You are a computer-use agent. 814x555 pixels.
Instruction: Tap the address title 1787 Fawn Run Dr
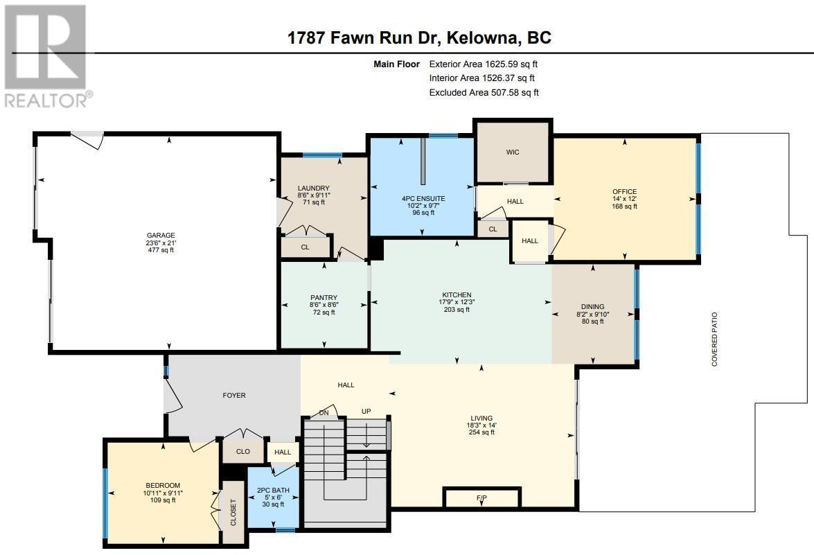click(x=364, y=38)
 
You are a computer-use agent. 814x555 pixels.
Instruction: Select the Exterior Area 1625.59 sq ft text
click(x=484, y=64)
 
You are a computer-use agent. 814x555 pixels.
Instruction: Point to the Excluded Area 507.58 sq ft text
click(x=484, y=92)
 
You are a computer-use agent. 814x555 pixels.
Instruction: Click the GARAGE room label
click(x=161, y=235)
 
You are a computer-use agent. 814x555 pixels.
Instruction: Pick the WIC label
click(x=513, y=152)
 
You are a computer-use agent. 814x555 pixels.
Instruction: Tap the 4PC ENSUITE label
click(x=423, y=198)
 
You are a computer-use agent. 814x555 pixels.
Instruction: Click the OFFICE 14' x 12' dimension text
click(x=624, y=199)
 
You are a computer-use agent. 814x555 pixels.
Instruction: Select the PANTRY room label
click(x=324, y=297)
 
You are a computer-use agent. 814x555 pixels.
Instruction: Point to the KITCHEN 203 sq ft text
click(x=457, y=310)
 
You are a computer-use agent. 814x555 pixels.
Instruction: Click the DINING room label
click(x=592, y=306)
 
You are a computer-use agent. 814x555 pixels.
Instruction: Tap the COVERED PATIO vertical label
click(x=714, y=339)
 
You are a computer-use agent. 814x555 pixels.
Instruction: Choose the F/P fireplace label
click(x=481, y=498)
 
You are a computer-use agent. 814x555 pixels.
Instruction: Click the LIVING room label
click(x=481, y=418)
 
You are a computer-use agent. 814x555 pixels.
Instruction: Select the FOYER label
click(x=234, y=395)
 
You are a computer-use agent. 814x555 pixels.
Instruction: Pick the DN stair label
click(x=324, y=413)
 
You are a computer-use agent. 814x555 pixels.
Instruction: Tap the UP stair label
click(x=366, y=411)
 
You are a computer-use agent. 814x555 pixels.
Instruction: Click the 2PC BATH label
click(x=273, y=490)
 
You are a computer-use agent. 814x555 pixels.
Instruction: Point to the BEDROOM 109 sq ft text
click(x=163, y=500)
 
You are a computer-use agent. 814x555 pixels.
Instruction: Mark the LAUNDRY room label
click(x=314, y=188)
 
